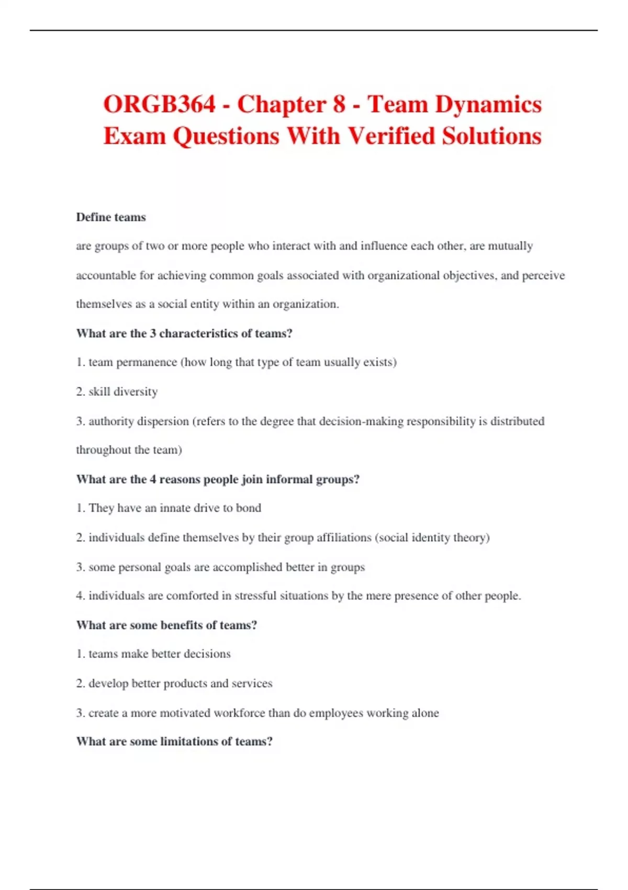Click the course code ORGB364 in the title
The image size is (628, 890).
(159, 104)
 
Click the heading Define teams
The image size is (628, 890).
(111, 217)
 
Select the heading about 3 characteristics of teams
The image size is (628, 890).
(184, 333)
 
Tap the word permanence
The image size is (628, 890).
(147, 362)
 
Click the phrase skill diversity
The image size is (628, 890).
(123, 392)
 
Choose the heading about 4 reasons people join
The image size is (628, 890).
(218, 479)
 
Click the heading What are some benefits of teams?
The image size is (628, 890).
(166, 625)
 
